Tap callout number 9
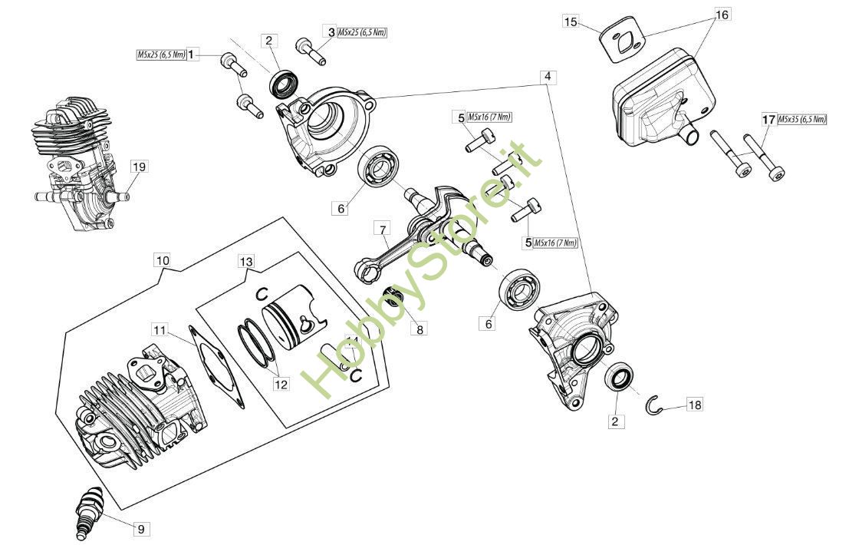(140, 530)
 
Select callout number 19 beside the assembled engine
(139, 167)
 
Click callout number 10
(163, 260)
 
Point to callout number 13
(246, 263)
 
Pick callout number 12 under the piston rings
(281, 384)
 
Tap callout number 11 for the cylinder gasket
(160, 331)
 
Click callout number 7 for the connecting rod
(382, 230)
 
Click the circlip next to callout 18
(653, 406)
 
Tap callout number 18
(695, 405)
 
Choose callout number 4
(548, 77)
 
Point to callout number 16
(722, 15)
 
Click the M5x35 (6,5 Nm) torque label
(802, 119)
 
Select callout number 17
(769, 119)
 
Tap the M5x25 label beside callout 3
(362, 32)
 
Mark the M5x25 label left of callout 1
(161, 54)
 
